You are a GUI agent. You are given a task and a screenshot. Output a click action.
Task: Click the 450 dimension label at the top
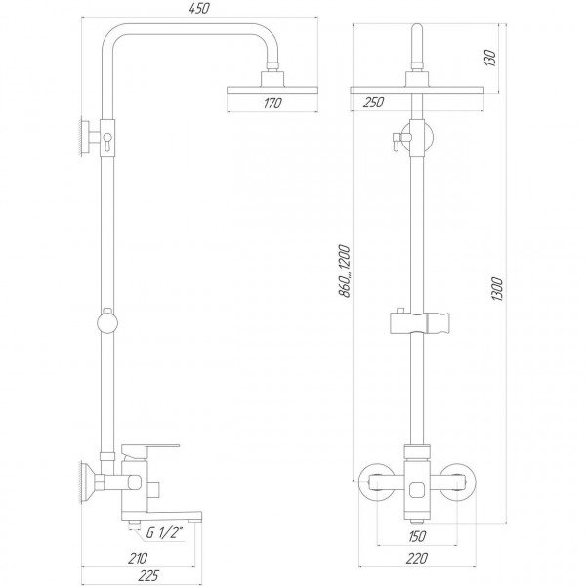coord(200,9)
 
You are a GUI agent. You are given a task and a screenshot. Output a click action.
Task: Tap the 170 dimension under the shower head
coord(272,104)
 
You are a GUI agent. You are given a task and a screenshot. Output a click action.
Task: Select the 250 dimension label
coord(373,103)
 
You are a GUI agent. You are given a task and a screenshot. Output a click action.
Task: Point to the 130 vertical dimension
coord(490,58)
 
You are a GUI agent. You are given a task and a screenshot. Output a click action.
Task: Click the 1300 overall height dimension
coord(498,289)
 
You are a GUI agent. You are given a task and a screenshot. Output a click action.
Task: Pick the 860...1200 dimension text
coord(344,272)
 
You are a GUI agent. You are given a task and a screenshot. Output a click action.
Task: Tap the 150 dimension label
coord(417,536)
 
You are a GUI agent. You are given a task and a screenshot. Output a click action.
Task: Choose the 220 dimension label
coord(417,559)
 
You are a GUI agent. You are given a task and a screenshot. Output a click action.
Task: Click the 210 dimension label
coord(138,559)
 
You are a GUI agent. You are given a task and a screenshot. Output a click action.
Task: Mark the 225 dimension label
coord(148,576)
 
